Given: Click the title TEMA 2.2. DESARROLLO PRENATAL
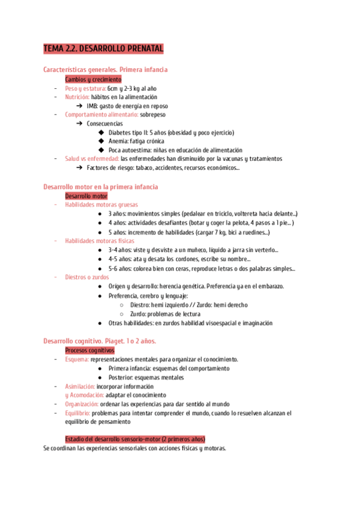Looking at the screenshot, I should click(x=103, y=49).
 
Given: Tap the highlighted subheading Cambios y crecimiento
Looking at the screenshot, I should click(x=93, y=79).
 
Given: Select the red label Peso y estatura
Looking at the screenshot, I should click(x=85, y=88).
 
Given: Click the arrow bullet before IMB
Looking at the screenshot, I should click(x=80, y=106).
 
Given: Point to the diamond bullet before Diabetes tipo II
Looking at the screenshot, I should click(x=101, y=133).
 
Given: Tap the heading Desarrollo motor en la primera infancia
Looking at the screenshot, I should click(x=101, y=187).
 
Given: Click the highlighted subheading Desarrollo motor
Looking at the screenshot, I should click(x=86, y=196).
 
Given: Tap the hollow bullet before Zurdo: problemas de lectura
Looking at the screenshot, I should click(x=122, y=314).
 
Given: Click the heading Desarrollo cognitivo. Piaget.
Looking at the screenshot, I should click(x=100, y=341).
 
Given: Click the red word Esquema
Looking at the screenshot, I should click(x=76, y=360).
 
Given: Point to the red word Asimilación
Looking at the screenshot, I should click(x=80, y=387).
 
